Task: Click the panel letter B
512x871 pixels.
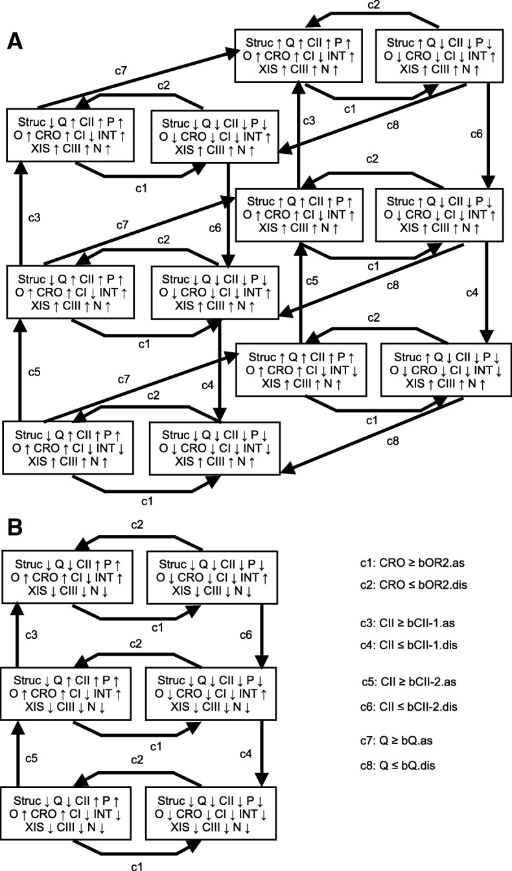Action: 16,527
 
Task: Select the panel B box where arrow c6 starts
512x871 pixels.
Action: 212,571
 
